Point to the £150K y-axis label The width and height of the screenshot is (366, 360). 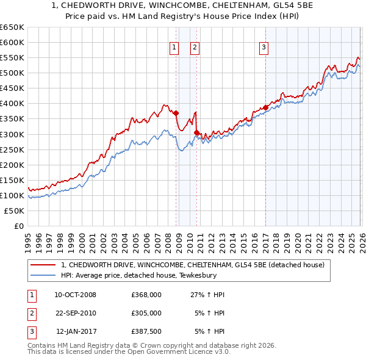(x=12, y=180)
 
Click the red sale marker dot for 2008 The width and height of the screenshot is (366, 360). (x=176, y=113)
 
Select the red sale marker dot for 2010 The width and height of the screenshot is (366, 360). (x=197, y=132)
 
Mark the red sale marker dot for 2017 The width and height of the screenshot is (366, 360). (x=266, y=107)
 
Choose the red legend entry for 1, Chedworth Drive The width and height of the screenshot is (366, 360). (x=196, y=265)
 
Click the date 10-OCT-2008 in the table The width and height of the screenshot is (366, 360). (x=75, y=295)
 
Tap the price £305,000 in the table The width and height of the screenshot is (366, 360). (x=146, y=313)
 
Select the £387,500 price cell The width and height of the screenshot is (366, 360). (x=146, y=331)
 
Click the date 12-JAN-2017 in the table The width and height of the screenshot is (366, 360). (x=75, y=331)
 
